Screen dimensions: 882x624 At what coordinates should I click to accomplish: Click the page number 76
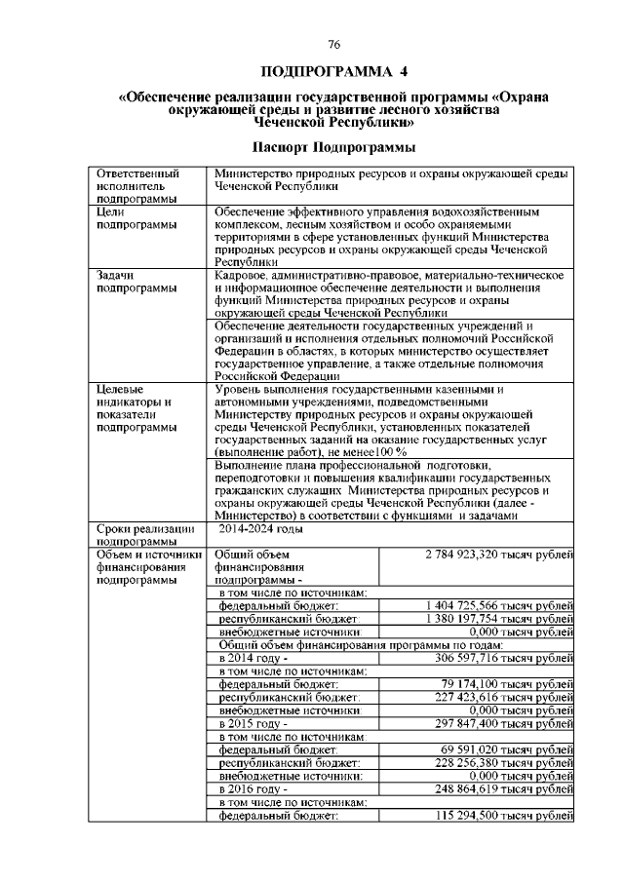pos(332,46)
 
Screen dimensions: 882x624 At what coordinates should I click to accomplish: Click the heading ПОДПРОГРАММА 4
pos(332,72)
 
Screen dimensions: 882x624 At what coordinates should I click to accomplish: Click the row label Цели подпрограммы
pos(132,217)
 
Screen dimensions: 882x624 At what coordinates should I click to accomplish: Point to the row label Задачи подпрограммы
pos(132,282)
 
